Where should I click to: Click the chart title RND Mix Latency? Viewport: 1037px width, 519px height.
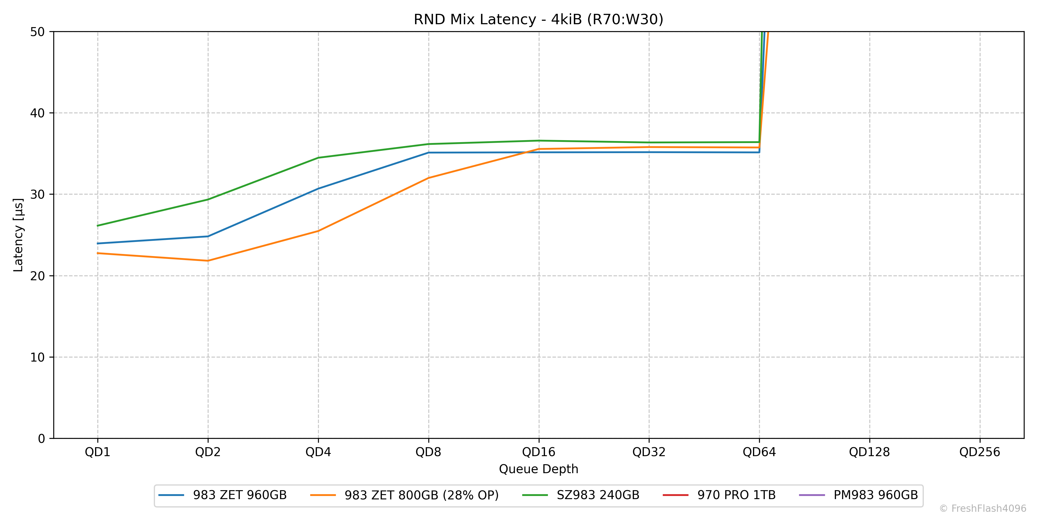(538, 19)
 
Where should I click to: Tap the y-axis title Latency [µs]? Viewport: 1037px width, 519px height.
(18, 235)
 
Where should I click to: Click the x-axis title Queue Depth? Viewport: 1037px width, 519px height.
(538, 469)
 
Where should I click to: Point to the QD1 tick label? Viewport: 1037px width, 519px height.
(97, 452)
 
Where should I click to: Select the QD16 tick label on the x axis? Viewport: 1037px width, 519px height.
(539, 452)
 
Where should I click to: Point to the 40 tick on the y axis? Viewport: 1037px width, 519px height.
(37, 113)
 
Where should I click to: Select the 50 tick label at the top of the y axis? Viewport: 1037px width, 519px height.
(37, 32)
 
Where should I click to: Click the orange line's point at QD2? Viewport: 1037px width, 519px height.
(208, 261)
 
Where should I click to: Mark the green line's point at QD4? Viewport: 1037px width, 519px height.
(318, 157)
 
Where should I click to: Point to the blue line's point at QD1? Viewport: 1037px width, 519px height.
(97, 243)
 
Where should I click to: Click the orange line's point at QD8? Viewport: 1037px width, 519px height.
(428, 178)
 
